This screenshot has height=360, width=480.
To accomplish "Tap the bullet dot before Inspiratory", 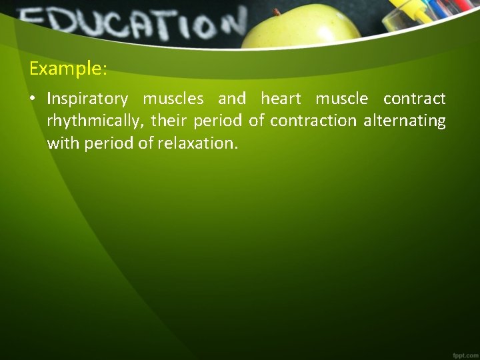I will point(33,100).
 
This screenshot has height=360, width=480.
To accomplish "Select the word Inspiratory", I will point(87,100).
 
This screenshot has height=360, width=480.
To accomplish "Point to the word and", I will point(232,100).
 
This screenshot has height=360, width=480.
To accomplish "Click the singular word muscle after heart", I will point(341,100).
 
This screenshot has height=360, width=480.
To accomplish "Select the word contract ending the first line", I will point(414,100).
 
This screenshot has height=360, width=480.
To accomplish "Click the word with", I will point(63,143).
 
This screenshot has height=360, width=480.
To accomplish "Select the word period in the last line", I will point(107,143).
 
